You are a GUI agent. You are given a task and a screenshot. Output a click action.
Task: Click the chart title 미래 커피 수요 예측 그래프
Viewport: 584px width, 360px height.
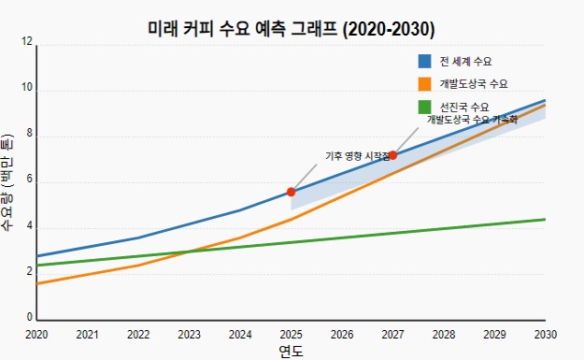tap(292, 28)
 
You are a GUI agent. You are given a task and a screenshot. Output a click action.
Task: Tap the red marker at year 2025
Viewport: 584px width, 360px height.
tap(292, 192)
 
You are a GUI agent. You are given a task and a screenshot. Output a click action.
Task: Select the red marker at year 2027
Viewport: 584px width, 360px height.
tap(392, 155)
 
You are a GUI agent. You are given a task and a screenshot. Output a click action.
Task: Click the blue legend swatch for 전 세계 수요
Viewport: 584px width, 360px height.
tap(425, 61)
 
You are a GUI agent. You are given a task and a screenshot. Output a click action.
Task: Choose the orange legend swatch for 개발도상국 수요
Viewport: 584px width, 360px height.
tap(425, 84)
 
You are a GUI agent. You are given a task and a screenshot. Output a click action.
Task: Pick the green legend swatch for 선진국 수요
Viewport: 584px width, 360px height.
tap(425, 108)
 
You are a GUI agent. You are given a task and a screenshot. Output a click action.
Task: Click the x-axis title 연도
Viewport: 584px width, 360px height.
tap(291, 352)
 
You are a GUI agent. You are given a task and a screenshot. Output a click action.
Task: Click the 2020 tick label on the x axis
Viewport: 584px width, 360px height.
tap(36, 334)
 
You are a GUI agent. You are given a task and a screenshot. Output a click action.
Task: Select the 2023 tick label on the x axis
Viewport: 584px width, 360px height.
tap(189, 334)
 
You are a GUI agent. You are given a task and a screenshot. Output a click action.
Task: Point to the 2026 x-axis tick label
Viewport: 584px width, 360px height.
tap(342, 334)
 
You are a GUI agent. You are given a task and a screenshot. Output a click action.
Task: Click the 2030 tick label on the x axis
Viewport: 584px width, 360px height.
tap(545, 334)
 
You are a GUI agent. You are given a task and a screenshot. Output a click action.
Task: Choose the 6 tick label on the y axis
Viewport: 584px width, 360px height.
tap(29, 181)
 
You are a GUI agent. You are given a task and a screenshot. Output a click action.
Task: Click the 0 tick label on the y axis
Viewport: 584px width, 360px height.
tap(29, 319)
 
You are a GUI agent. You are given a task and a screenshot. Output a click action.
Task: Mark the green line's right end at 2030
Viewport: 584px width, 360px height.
tap(545, 220)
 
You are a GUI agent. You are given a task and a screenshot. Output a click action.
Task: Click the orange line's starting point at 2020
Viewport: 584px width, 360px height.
tap(37, 283)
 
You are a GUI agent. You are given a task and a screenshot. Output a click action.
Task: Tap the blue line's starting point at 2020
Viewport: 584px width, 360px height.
tap(37, 256)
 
